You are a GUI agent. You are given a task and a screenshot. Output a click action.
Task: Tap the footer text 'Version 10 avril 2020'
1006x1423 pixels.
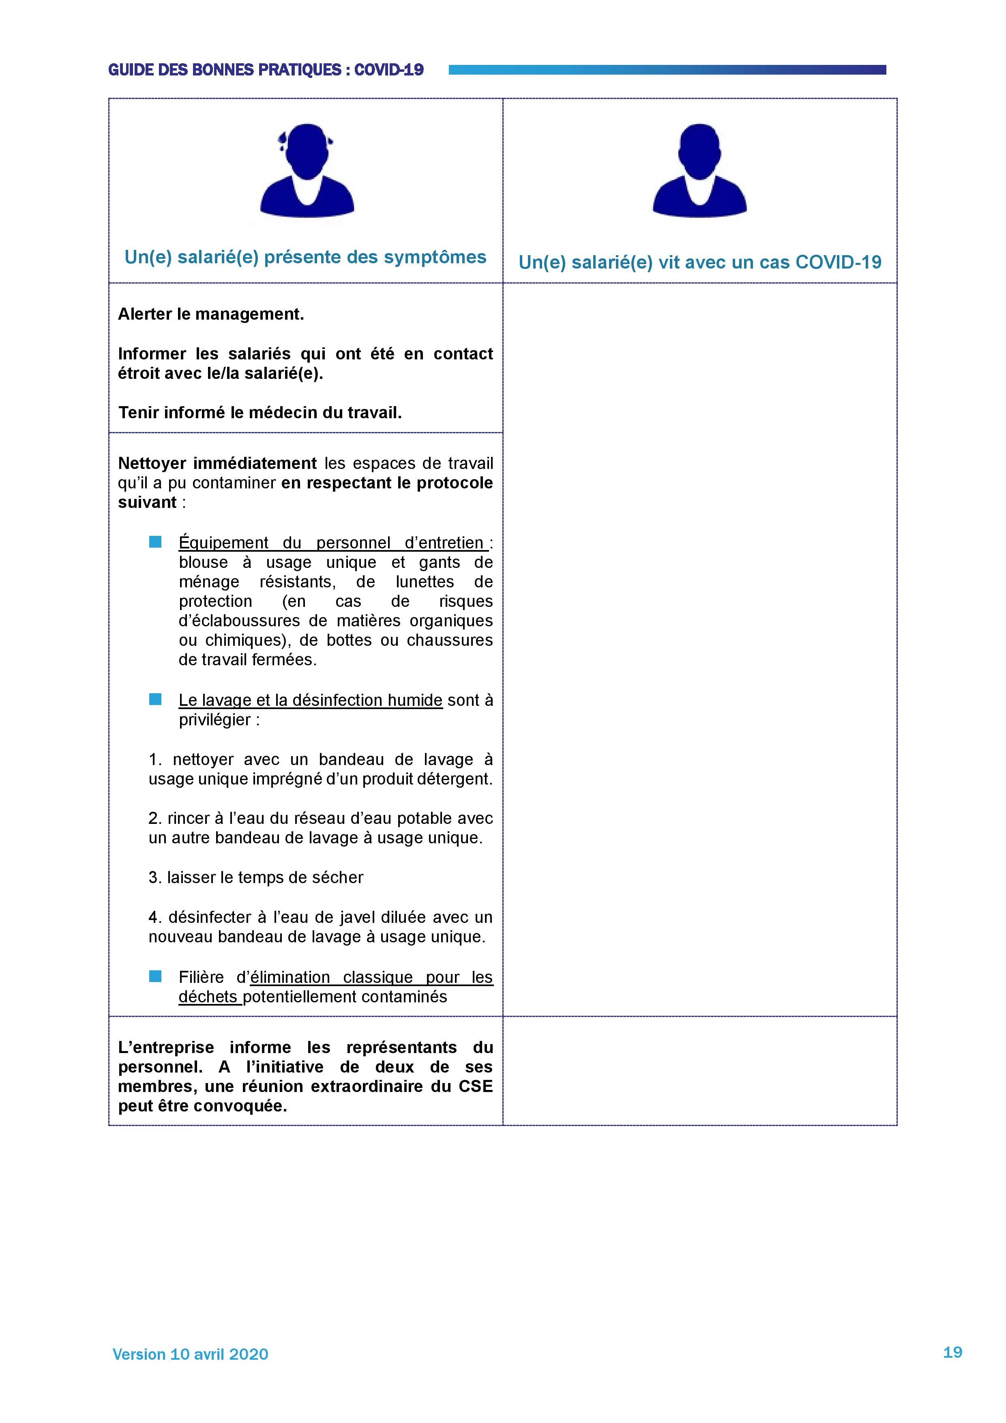pos(190,1354)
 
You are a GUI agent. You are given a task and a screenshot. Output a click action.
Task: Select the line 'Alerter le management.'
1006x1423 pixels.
pos(210,314)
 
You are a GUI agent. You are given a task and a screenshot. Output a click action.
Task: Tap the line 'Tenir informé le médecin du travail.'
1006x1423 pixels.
pos(260,413)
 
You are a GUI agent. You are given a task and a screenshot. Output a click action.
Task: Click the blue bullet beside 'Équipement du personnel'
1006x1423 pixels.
pos(155,542)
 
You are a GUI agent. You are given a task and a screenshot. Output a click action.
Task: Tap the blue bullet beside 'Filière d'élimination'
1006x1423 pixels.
pos(155,977)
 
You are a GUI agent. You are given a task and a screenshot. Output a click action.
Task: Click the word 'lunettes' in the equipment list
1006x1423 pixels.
pos(425,582)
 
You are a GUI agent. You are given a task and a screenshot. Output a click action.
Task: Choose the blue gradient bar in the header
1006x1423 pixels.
pos(667,70)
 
